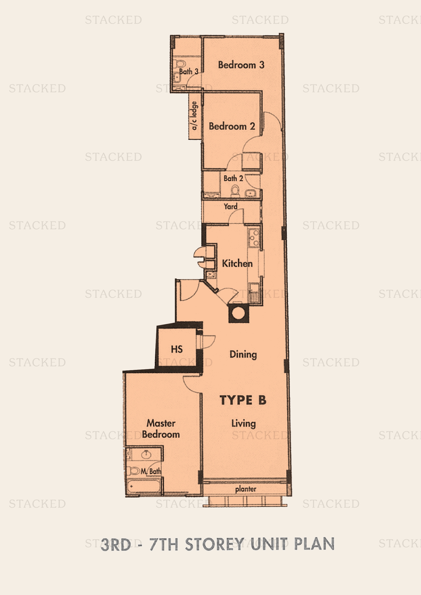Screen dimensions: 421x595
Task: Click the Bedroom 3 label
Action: coord(241,65)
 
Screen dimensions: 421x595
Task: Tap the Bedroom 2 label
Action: coord(232,126)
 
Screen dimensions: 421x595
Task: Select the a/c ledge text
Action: coord(194,115)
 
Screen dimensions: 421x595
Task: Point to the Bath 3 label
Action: coord(189,71)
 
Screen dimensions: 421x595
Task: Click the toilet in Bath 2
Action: coord(235,191)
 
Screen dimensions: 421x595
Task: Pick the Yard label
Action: coord(230,207)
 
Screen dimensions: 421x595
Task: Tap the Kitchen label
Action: coord(237,263)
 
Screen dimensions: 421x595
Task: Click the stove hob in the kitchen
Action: coord(254,238)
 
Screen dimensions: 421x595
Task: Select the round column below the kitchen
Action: coord(238,313)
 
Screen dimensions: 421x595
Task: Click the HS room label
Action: coord(177,349)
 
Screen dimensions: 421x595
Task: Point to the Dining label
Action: coord(243,355)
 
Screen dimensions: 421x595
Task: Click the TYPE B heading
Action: coord(243,400)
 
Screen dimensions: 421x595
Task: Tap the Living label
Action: coord(243,424)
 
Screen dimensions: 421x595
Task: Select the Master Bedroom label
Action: coord(161,429)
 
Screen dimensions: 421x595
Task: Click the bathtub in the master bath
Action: coord(143,486)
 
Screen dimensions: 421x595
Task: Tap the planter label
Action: coord(246,489)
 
